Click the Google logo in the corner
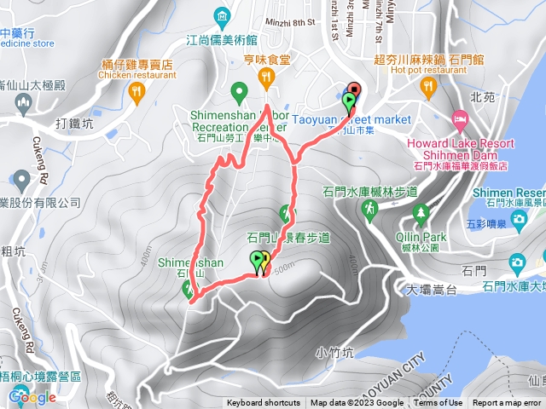[x=32, y=396]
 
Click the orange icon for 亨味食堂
[x=266, y=79]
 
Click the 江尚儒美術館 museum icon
[x=223, y=16]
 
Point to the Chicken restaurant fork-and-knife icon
[x=136, y=89]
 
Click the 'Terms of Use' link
[x=439, y=403]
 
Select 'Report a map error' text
[x=508, y=403]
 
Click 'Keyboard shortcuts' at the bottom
[x=264, y=403]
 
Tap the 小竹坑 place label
[x=332, y=350]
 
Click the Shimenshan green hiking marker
[x=189, y=289]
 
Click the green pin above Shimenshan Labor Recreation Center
[x=240, y=90]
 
